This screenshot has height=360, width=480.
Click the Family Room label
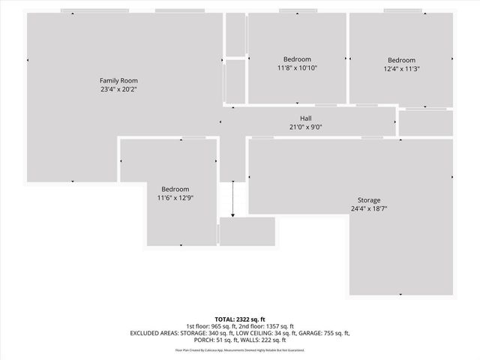point(119,80)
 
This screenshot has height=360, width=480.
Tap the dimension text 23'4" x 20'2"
point(119,89)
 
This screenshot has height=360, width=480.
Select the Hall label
point(306,118)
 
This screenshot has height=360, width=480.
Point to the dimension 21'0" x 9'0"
point(306,127)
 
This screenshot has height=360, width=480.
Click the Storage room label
point(368,200)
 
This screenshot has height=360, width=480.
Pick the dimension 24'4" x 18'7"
point(368,209)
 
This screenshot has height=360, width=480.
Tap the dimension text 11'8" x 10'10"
point(297,68)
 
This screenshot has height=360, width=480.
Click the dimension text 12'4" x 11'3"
point(401,69)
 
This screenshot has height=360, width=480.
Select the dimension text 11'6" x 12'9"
point(173,198)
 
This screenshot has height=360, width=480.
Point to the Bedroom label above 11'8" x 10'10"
point(297,59)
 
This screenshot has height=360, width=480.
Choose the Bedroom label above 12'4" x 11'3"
point(401,60)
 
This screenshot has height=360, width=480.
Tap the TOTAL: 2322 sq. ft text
point(240,319)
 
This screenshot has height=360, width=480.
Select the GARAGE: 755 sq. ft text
point(322,333)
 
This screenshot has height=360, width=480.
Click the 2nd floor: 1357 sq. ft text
point(271,326)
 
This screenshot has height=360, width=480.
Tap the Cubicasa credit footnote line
point(240,350)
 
